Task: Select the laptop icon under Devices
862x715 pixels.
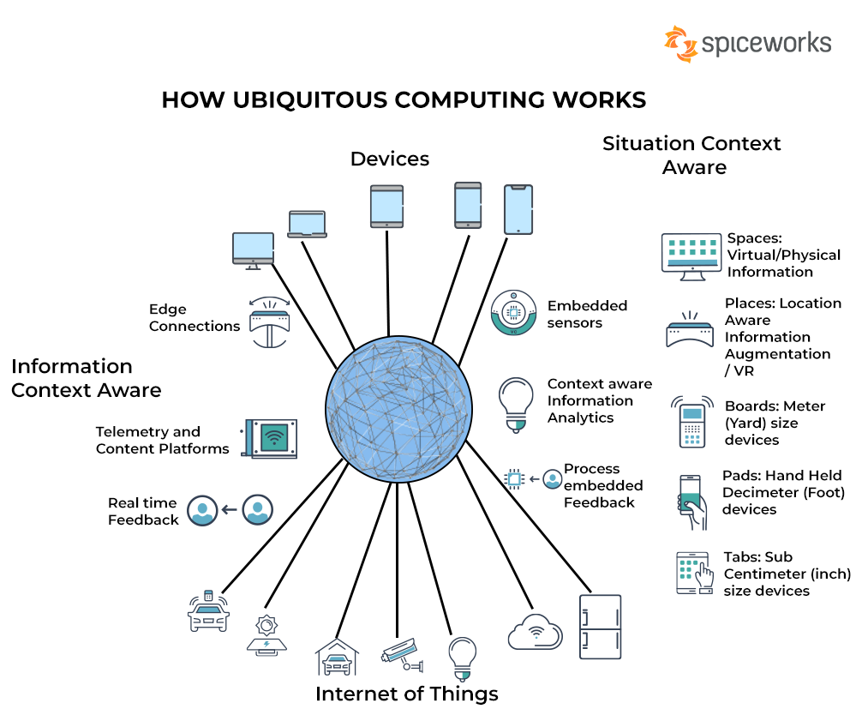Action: [307, 225]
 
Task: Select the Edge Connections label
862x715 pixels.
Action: [194, 318]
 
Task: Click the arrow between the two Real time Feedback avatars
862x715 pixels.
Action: [230, 510]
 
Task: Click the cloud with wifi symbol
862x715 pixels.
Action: [535, 634]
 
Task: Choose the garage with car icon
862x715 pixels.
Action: [337, 657]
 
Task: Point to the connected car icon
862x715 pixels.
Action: [208, 611]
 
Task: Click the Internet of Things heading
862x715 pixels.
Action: [406, 694]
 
